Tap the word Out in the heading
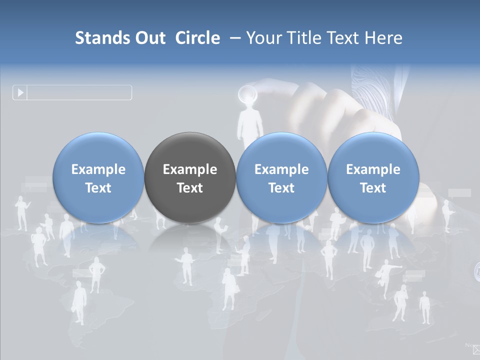pos(148,38)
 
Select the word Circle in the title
pos(197,38)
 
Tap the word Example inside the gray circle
pos(190,169)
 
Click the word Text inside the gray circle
pos(190,188)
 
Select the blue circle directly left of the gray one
pos(98,178)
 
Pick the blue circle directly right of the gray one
pos(281,178)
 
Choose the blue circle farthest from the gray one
pos(373,178)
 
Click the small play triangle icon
pos(20,92)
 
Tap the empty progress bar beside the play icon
pos(79,92)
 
